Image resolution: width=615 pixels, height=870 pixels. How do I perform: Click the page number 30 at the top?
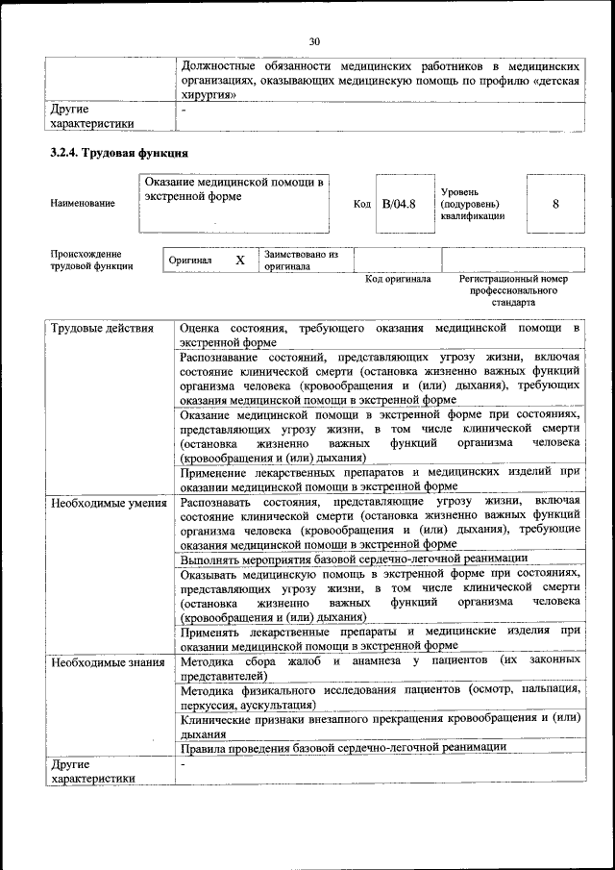(x=313, y=40)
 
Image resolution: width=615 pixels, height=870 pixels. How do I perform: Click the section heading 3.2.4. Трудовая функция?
(x=118, y=153)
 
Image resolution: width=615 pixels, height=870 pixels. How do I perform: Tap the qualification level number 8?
(x=555, y=204)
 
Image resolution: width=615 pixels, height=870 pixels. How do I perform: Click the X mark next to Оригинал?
(x=240, y=261)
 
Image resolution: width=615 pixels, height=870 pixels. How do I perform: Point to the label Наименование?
(x=83, y=204)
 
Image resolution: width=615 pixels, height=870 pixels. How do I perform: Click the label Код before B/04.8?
(x=361, y=204)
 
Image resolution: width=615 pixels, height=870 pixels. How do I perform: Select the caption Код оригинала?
(x=398, y=280)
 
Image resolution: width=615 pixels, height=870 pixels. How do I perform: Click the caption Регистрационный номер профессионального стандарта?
(x=513, y=289)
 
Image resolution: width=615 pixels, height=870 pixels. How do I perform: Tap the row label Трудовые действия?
(x=102, y=329)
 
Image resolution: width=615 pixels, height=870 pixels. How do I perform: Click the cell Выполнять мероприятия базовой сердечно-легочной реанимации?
(x=353, y=558)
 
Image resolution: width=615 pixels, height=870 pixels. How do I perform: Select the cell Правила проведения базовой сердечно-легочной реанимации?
(x=342, y=747)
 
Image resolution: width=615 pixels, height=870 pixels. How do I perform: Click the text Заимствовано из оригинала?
(x=301, y=261)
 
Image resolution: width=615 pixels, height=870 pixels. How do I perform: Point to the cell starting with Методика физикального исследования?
(x=380, y=696)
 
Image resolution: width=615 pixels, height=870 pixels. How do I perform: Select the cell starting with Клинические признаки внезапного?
(x=380, y=725)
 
